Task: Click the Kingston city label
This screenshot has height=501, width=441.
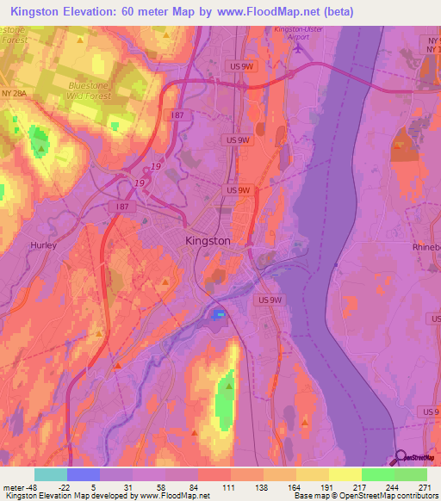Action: click(x=208, y=241)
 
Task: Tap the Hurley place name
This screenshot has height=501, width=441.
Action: click(x=43, y=245)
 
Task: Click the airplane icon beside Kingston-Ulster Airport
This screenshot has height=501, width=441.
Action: click(x=297, y=48)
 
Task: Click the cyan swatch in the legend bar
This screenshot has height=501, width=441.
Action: click(x=50, y=474)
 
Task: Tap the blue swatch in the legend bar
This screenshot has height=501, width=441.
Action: click(x=83, y=474)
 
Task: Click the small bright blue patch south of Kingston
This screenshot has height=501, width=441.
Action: click(x=219, y=315)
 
